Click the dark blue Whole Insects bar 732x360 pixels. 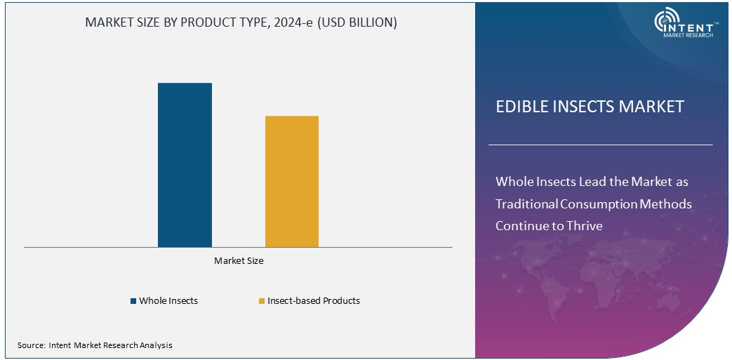(x=185, y=165)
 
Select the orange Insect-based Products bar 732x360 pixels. (x=291, y=181)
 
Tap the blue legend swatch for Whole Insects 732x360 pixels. (x=133, y=301)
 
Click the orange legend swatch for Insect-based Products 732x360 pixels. (x=261, y=301)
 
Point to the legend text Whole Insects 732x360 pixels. (x=168, y=300)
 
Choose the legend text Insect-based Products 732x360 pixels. (x=314, y=300)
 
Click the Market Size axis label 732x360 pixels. (x=239, y=260)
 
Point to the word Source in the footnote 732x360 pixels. (x=31, y=345)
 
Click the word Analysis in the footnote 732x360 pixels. (x=155, y=345)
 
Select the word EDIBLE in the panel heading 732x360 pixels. (x=518, y=107)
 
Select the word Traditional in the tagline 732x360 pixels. (x=527, y=204)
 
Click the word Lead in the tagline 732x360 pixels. (x=591, y=182)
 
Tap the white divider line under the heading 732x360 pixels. (x=600, y=145)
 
